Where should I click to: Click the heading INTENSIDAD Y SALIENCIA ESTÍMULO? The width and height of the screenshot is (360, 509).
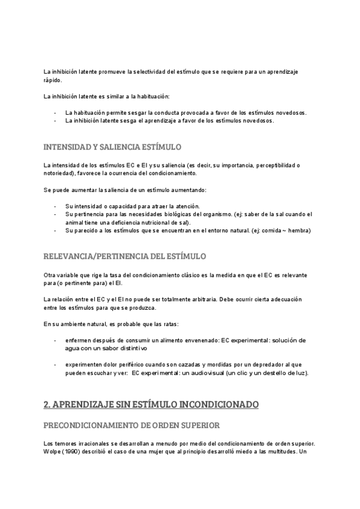(x=113, y=147)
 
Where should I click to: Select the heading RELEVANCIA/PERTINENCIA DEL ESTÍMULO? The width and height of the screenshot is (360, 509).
(x=125, y=256)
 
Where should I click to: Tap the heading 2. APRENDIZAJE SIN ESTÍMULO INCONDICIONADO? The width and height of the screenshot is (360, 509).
(x=151, y=405)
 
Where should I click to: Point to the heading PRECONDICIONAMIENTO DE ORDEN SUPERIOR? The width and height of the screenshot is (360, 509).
(x=131, y=425)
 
